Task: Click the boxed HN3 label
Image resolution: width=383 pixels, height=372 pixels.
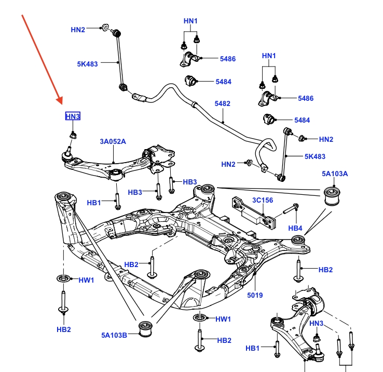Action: coord(73,116)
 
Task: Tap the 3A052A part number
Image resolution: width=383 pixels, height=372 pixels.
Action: coord(113,141)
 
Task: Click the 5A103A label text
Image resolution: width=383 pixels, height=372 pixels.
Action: coord(335,174)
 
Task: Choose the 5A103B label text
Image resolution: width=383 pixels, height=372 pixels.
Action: coord(114,335)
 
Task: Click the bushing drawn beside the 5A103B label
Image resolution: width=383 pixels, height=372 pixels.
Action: coord(146,330)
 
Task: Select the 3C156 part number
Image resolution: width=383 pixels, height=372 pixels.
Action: coord(263,200)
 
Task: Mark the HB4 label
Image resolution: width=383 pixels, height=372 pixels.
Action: coord(295,228)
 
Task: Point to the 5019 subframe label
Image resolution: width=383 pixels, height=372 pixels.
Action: coord(255,295)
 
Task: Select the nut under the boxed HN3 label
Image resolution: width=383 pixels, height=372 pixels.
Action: coord(74,136)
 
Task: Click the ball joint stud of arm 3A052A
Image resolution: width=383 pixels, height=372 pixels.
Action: coord(68,154)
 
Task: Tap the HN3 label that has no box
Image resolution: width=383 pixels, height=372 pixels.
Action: coord(316,324)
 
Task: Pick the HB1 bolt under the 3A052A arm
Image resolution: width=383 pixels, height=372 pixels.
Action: coord(117,201)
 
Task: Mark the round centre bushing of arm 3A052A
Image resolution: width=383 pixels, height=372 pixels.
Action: coord(117,173)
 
